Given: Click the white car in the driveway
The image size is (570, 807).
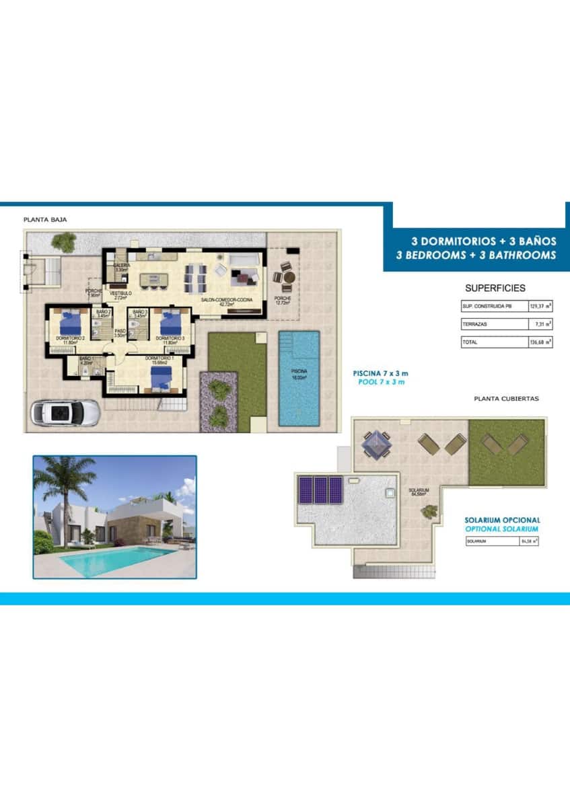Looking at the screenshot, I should [x=65, y=412].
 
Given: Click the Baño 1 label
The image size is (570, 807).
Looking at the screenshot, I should [x=86, y=361].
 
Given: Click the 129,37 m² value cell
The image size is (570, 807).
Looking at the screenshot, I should [x=540, y=306].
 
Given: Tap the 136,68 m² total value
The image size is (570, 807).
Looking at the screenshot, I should [x=540, y=342].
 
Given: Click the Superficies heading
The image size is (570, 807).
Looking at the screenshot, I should [x=495, y=288].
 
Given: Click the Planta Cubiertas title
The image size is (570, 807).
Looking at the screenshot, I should [x=506, y=399].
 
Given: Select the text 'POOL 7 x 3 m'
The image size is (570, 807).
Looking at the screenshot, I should [x=381, y=381].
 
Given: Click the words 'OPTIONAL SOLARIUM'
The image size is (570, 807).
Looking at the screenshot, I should [x=502, y=529].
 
